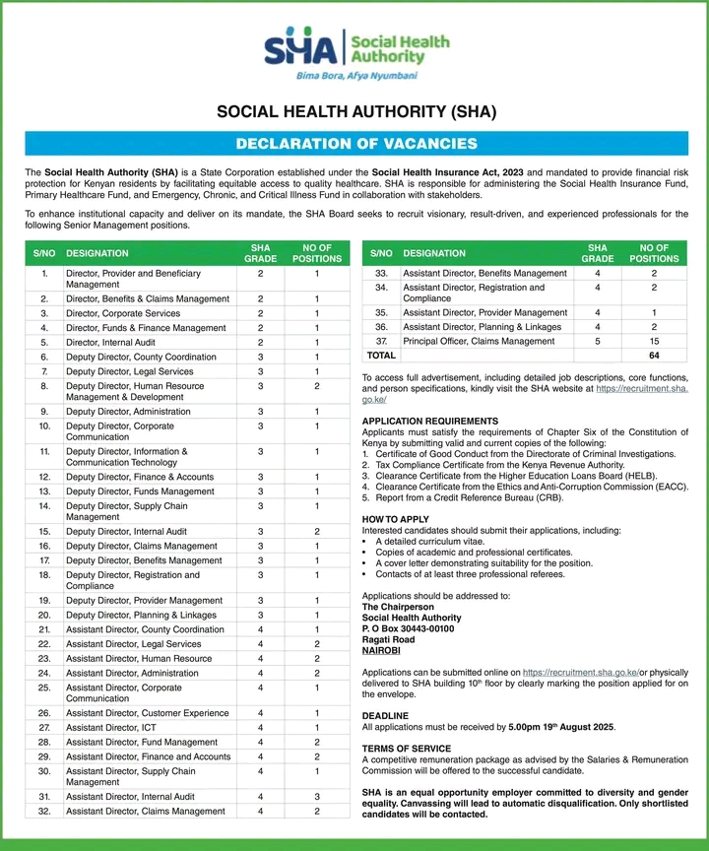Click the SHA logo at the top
coord(355,50)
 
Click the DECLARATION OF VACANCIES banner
coord(355,144)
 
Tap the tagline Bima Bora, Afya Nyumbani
coord(356,75)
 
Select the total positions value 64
coord(653,355)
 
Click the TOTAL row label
coord(381,355)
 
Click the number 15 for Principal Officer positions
coord(653,340)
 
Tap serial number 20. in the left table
coord(44,615)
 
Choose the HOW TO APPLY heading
coord(396,518)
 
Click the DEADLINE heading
coord(385,715)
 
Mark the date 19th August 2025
coord(575,727)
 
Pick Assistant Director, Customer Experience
coord(147,712)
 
